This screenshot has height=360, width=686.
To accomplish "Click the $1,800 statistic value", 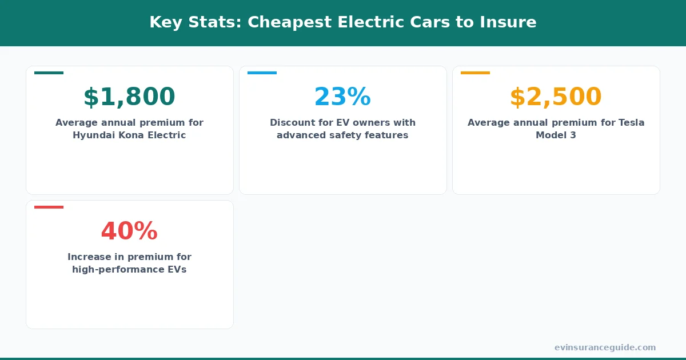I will [x=129, y=97].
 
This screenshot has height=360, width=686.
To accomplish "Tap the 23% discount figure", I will [x=342, y=97].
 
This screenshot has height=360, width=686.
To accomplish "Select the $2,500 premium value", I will [x=556, y=97].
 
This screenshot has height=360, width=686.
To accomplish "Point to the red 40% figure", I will [x=129, y=231].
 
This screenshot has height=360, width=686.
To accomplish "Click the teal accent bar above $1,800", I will [x=49, y=73].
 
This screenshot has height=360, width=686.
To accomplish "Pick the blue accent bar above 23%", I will [x=262, y=73].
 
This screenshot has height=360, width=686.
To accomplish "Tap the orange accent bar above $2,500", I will [x=475, y=73].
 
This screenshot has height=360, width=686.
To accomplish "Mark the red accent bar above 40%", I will [x=49, y=207].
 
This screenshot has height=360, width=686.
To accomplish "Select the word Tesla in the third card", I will [x=630, y=123].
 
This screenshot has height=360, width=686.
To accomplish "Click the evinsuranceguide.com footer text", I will [x=605, y=347].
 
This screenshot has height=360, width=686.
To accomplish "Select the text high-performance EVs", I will [x=129, y=270].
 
